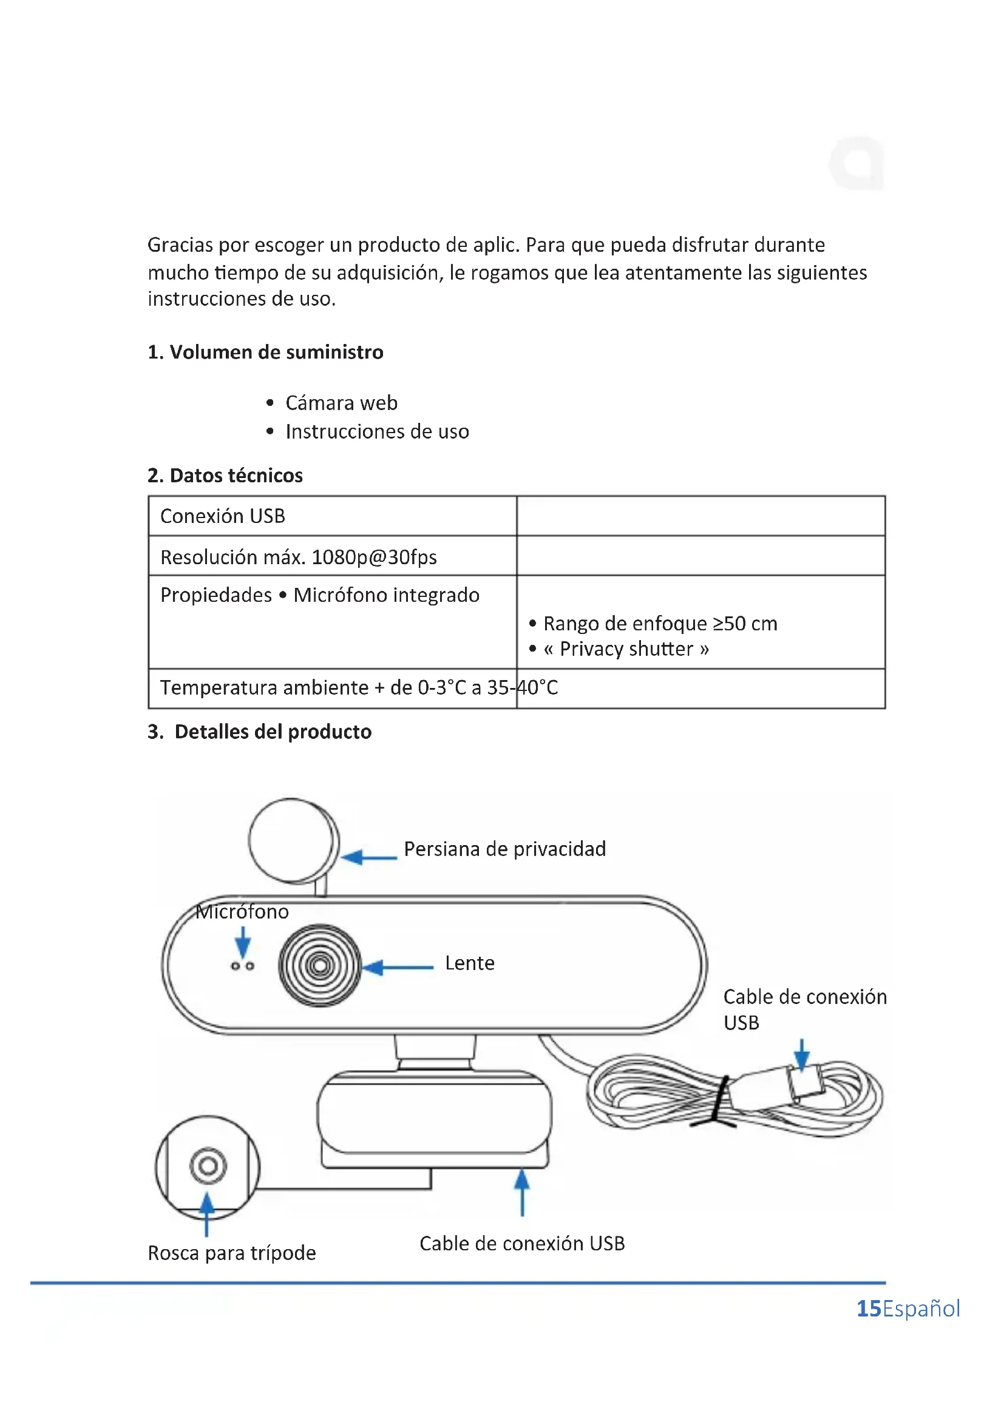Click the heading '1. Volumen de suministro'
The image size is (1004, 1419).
click(265, 352)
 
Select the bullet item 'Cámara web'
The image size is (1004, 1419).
click(341, 403)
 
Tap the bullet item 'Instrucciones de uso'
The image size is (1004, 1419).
click(377, 431)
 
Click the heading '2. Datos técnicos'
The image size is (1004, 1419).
click(225, 475)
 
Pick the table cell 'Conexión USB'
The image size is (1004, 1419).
click(223, 516)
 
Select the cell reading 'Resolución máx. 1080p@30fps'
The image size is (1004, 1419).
click(299, 557)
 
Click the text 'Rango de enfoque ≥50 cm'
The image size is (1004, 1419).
click(660, 624)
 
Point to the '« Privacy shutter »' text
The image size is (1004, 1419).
click(626, 649)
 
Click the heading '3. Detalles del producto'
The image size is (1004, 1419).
click(260, 732)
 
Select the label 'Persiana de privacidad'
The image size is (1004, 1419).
click(504, 849)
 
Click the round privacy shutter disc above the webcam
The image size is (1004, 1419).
click(293, 840)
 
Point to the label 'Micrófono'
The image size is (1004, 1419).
click(242, 912)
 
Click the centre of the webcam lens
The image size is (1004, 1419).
click(320, 965)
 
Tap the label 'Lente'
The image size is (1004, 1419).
click(470, 963)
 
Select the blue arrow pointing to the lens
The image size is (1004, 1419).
click(398, 967)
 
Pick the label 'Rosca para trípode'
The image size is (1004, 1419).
click(232, 1253)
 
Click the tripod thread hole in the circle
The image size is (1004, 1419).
click(208, 1166)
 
